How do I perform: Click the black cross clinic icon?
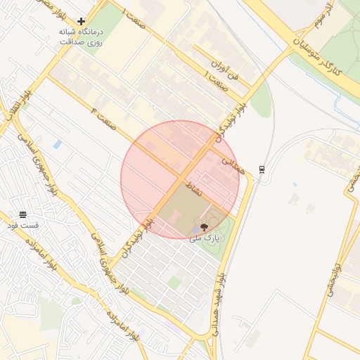[82, 22]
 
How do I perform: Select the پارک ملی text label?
[205, 239]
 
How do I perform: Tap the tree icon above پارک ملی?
[204, 227]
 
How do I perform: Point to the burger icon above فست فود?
[23, 214]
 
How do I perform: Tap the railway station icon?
[262, 169]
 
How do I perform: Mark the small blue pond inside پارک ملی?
[195, 229]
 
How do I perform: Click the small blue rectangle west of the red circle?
[57, 144]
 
